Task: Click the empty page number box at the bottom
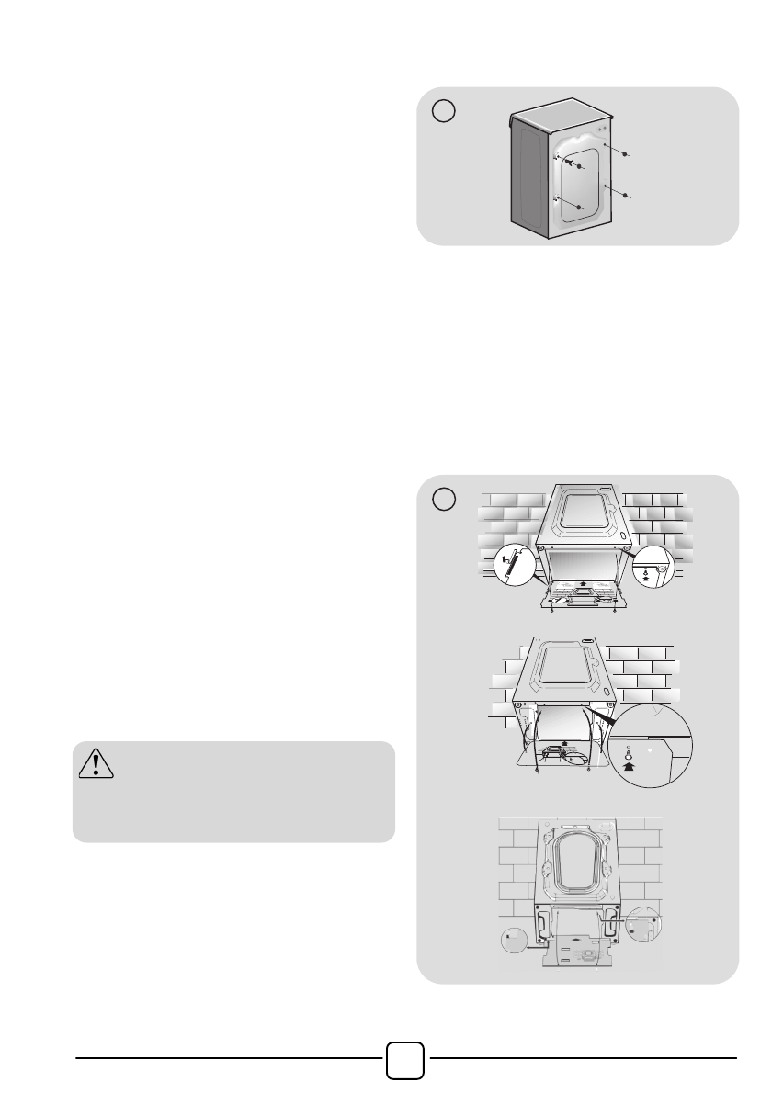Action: (x=405, y=1061)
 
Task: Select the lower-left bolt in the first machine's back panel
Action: (x=579, y=208)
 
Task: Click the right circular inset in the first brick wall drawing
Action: (x=653, y=569)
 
